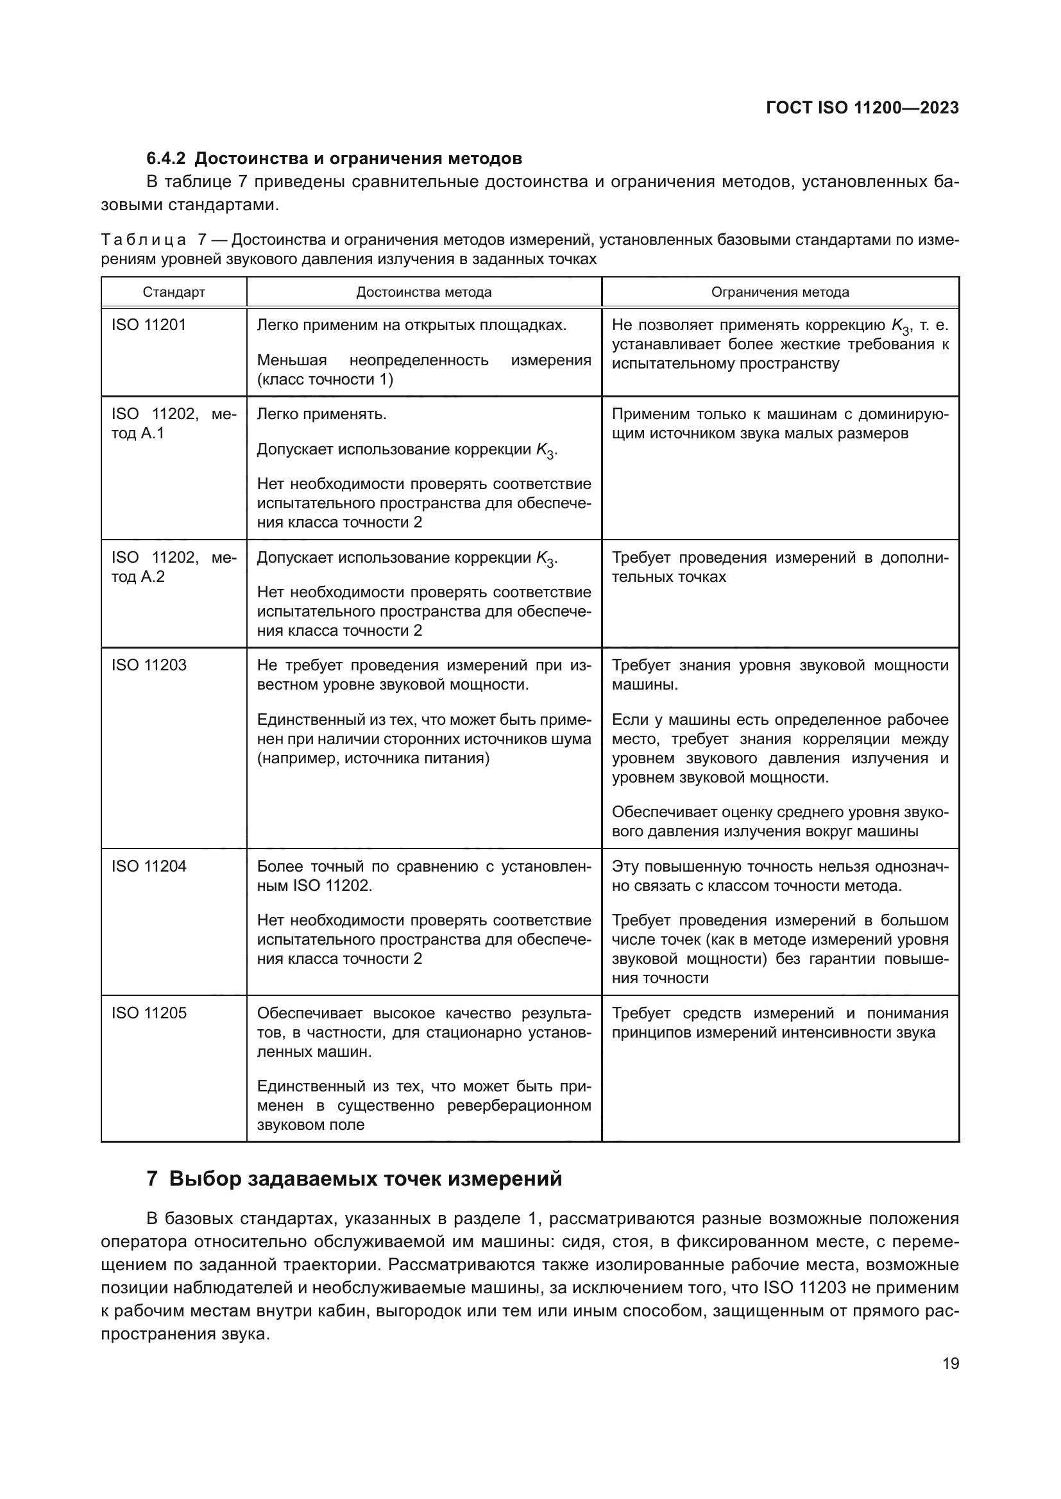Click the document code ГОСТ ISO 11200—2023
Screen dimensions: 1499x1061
(x=862, y=108)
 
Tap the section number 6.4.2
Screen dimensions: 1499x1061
(x=166, y=159)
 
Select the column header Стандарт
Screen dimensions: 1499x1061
(x=174, y=292)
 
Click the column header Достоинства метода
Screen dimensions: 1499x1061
(x=423, y=292)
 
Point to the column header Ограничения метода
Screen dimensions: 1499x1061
(x=780, y=292)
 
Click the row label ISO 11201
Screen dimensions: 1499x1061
(x=148, y=325)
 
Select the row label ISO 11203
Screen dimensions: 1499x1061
(x=148, y=665)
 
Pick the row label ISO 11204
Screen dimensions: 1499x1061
(x=148, y=866)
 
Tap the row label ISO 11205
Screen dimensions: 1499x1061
(x=148, y=1013)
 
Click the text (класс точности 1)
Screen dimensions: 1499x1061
(x=325, y=380)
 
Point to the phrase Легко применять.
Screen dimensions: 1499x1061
(x=321, y=415)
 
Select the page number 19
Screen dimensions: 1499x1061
(x=951, y=1364)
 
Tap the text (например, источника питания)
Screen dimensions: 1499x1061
(x=373, y=759)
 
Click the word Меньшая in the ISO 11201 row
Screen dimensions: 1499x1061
(x=291, y=360)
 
